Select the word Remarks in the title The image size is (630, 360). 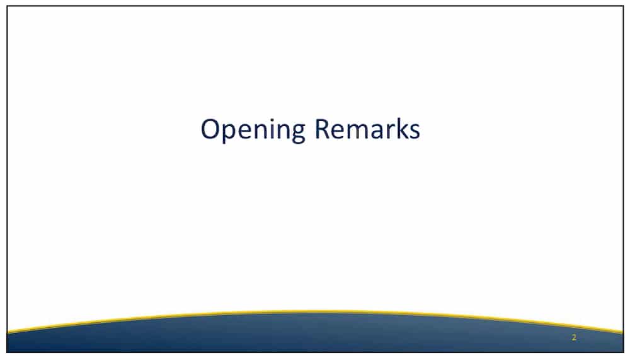click(x=367, y=129)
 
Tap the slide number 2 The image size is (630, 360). click(x=574, y=337)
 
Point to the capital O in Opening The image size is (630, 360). click(x=210, y=129)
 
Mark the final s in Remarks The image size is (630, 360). click(x=414, y=132)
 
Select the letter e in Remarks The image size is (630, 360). click(x=338, y=132)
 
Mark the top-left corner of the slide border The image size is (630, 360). click(x=7, y=6)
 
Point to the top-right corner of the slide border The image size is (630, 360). click(x=623, y=6)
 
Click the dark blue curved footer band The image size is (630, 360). click(x=315, y=334)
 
